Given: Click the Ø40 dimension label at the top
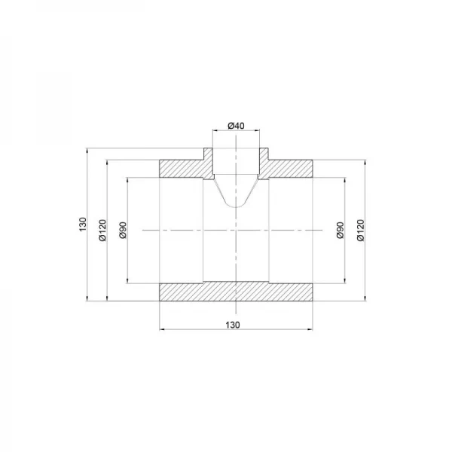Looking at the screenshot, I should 236,125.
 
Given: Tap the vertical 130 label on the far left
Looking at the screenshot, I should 82,224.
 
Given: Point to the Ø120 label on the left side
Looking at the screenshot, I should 102,230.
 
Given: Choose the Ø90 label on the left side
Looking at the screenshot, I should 122,231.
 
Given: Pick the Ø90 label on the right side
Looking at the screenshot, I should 341,231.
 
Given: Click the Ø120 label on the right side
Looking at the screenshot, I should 361,230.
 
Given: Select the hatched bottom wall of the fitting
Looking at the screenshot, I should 237,292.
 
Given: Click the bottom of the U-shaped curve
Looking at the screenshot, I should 237,208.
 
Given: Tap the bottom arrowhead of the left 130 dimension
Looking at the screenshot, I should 88,301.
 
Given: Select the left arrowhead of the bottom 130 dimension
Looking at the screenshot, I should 163,329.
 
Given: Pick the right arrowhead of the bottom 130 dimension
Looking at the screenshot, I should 311,329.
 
